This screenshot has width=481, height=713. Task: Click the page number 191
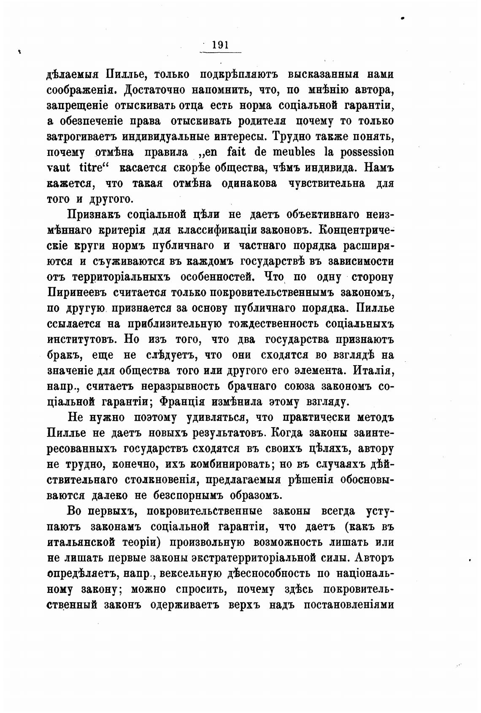point(220,45)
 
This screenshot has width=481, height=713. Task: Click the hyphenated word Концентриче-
point(357,230)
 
